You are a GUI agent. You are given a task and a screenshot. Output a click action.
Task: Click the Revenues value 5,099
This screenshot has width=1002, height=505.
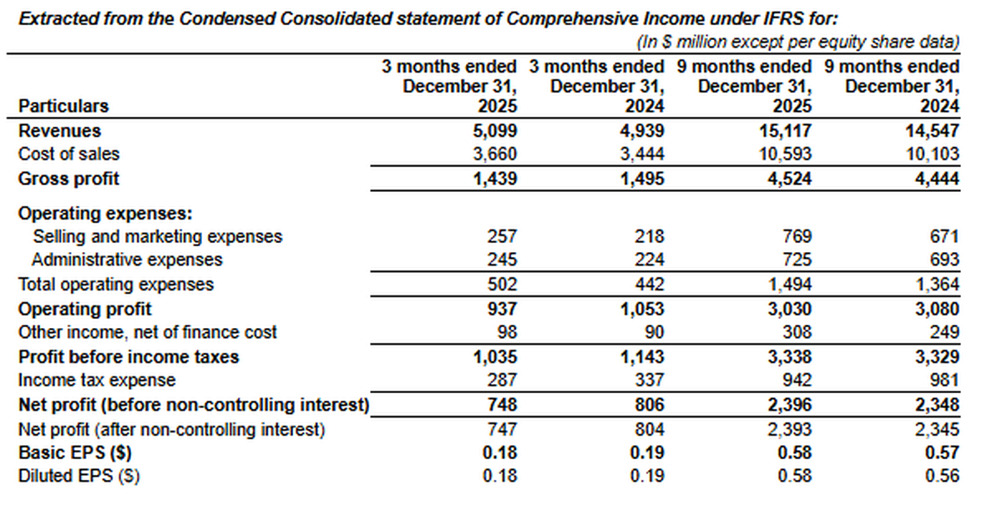click(496, 131)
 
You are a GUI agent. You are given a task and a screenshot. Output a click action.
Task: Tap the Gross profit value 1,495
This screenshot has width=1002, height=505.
click(644, 179)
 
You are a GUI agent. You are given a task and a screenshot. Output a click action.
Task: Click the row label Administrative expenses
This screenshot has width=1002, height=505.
click(127, 260)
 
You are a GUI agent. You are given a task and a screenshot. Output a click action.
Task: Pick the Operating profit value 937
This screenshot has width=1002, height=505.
click(503, 309)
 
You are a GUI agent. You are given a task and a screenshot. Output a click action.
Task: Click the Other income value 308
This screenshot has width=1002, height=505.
click(797, 332)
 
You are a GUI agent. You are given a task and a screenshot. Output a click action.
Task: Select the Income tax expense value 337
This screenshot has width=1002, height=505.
click(650, 381)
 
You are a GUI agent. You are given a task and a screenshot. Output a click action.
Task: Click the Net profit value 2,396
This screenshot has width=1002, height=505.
click(788, 406)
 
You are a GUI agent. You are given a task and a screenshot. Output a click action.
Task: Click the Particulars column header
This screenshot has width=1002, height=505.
click(63, 106)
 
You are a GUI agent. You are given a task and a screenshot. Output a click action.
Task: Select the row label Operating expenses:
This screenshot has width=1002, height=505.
click(83, 213)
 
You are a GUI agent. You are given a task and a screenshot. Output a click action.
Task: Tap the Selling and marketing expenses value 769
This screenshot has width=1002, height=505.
click(797, 237)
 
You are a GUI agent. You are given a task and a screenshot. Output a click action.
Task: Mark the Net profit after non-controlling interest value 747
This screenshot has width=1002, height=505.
click(503, 430)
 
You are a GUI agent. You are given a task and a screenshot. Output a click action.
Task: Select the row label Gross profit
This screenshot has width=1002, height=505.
click(68, 179)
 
